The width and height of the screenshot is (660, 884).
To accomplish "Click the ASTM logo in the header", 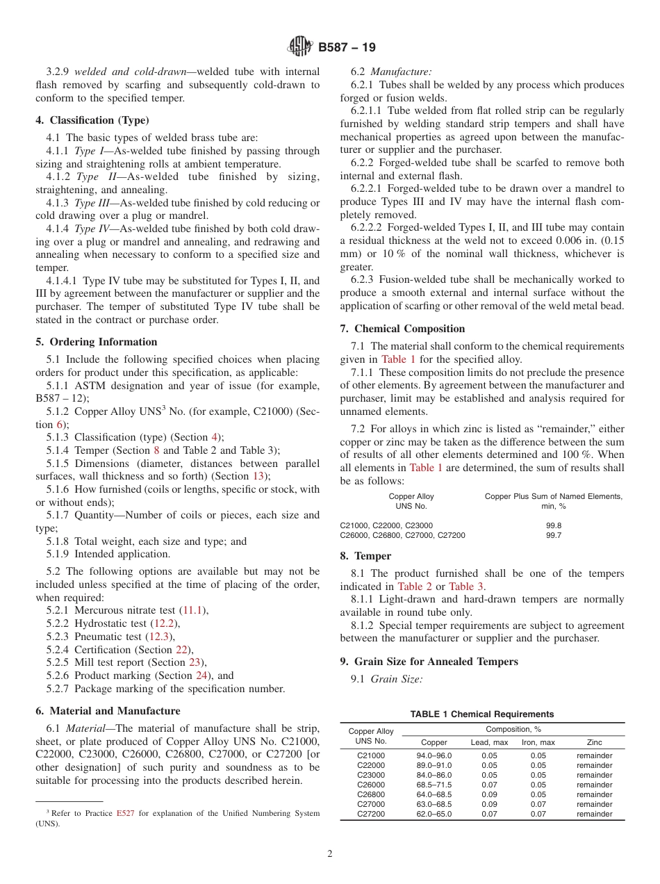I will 301,47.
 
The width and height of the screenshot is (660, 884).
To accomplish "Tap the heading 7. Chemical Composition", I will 402,328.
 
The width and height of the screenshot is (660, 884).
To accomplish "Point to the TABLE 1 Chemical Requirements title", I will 481,714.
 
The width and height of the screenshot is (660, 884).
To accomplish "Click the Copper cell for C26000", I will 434,785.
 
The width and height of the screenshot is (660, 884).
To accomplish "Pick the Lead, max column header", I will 489,742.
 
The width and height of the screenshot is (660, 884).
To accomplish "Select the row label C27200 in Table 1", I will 370,814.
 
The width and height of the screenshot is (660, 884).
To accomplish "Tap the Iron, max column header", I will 538,742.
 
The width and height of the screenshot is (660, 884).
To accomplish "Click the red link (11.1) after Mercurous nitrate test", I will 192,610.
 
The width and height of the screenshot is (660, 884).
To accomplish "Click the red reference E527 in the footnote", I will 126,813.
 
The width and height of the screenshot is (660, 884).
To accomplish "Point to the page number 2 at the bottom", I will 330,854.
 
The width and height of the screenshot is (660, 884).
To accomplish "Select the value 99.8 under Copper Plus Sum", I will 554,525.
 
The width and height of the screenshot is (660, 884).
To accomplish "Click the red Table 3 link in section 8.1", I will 466,587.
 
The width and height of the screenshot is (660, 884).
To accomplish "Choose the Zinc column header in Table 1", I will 594,742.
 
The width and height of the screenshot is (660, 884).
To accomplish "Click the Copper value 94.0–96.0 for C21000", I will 434,755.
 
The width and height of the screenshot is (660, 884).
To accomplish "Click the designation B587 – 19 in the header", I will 347,47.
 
